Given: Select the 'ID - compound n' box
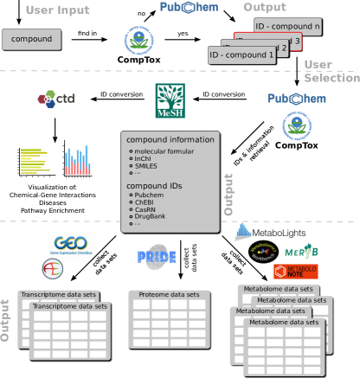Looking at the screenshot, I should point(287,27).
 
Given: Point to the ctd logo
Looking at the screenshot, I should point(57,99).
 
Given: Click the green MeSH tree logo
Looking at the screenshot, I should point(170,101).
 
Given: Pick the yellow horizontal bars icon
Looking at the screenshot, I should point(34,161).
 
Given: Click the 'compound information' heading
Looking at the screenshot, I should point(170,140).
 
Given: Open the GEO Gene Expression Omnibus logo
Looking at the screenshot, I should point(72,243).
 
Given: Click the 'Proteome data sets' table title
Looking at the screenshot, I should point(169,295).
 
